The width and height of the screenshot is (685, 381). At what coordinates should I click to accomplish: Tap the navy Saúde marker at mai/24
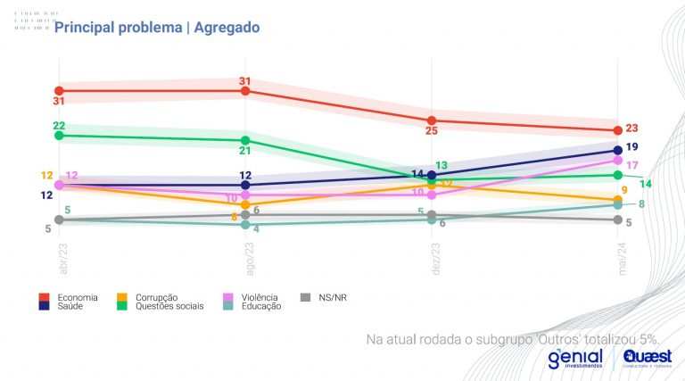click(x=617, y=150)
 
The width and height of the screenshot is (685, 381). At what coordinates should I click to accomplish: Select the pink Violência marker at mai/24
click(x=617, y=161)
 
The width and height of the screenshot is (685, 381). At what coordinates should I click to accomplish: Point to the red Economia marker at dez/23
click(x=432, y=120)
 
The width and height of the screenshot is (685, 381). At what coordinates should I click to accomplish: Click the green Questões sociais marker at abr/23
click(x=59, y=136)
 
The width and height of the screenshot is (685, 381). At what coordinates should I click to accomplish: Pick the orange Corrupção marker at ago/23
click(x=245, y=204)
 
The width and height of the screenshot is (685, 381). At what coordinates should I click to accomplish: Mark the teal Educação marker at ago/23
click(x=245, y=224)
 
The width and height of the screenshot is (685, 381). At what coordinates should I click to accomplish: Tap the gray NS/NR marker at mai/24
click(x=617, y=219)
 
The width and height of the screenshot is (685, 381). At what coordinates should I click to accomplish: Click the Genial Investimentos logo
click(x=575, y=358)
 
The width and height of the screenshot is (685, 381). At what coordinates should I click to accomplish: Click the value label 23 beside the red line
click(x=631, y=128)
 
